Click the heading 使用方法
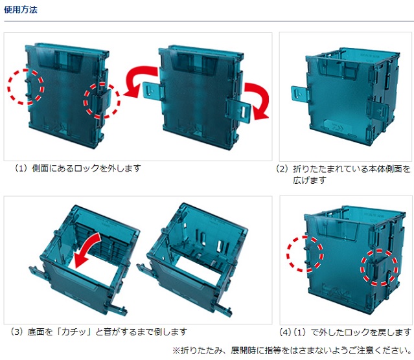21,10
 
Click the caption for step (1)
77,168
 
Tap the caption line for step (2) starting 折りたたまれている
343,168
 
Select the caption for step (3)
98,332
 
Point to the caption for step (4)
345,332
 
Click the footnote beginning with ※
292,351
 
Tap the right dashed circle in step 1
102,101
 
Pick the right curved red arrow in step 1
257,101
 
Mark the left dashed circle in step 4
305,254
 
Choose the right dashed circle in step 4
379,267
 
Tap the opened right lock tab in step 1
239,111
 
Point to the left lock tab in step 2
300,95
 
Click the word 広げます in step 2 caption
310,181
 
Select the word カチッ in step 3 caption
74,332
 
